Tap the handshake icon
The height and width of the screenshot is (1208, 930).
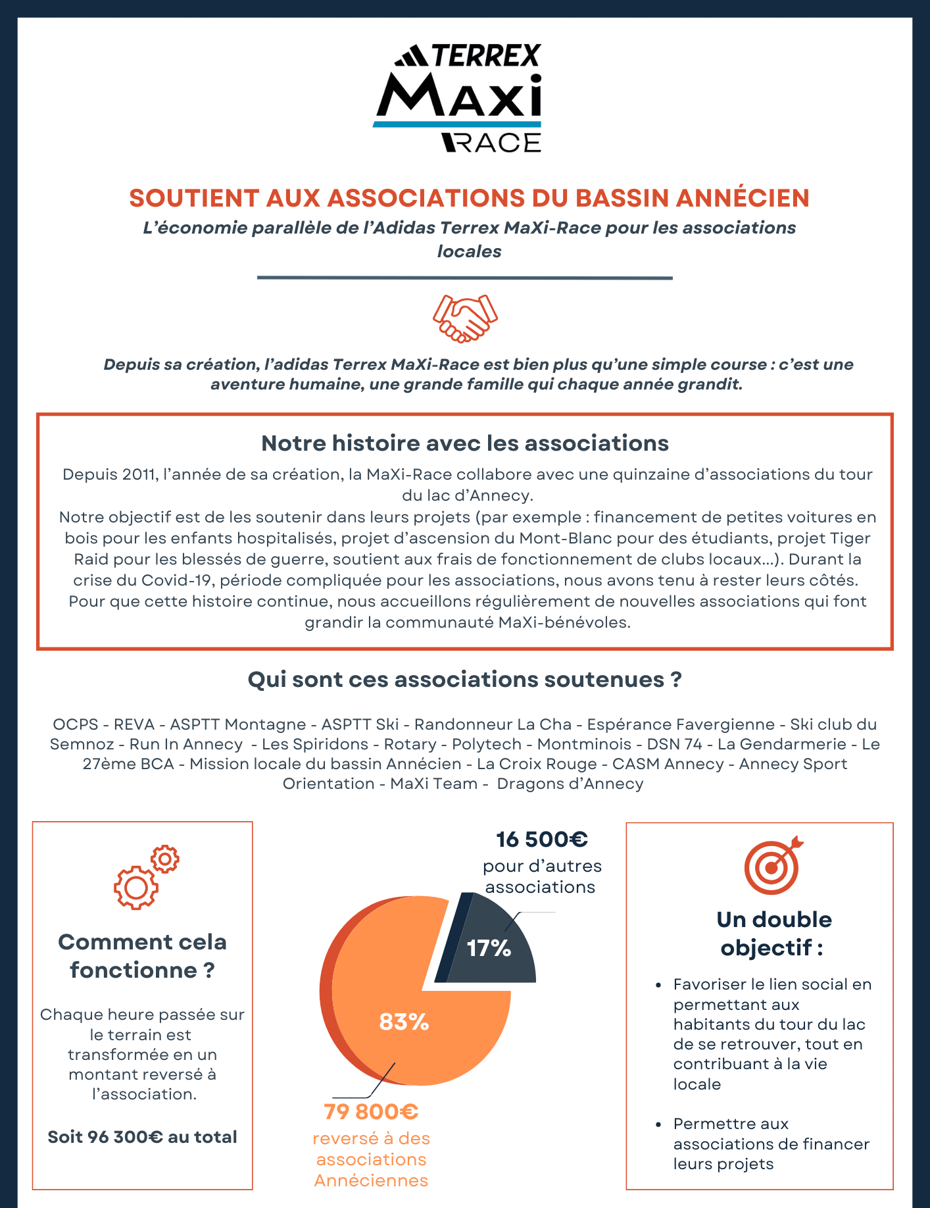click(x=465, y=318)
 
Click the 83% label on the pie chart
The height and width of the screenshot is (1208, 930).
click(x=404, y=1022)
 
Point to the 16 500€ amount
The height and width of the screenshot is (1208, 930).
click(x=541, y=840)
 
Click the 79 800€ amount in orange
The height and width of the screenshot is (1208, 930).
click(x=371, y=1112)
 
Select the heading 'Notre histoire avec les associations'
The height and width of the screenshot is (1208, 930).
click(x=464, y=443)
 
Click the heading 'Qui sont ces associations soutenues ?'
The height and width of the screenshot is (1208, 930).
click(x=464, y=680)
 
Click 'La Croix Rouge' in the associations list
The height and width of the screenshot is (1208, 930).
click(x=537, y=764)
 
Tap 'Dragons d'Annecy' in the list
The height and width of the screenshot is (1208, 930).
click(x=570, y=784)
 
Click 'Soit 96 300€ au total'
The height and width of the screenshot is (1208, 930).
click(x=142, y=1137)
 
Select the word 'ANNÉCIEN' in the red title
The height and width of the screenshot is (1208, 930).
click(x=743, y=198)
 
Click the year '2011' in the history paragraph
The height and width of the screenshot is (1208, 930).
click(x=139, y=474)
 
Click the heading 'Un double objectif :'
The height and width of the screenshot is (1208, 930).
click(x=773, y=934)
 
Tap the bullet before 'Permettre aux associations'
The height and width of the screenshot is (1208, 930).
click(x=658, y=1124)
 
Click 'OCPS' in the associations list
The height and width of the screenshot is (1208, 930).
click(x=76, y=724)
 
